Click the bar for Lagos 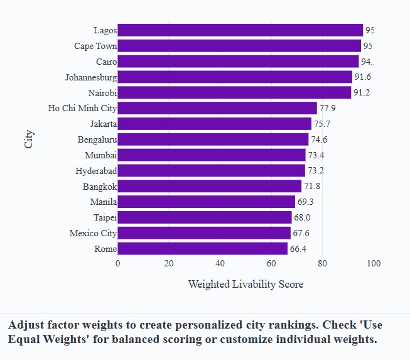(240, 30)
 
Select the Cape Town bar (239, 46)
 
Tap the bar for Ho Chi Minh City (217, 108)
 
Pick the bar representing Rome (202, 249)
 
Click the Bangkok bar (209, 186)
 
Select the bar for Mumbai (212, 155)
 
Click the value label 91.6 (363, 77)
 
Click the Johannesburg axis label (90, 77)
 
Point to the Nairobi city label (102, 93)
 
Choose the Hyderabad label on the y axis (96, 171)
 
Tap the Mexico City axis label (93, 233)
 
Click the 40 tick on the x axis (220, 263)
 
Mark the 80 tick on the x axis (322, 263)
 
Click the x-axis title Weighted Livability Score (245, 284)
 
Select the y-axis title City (29, 139)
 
